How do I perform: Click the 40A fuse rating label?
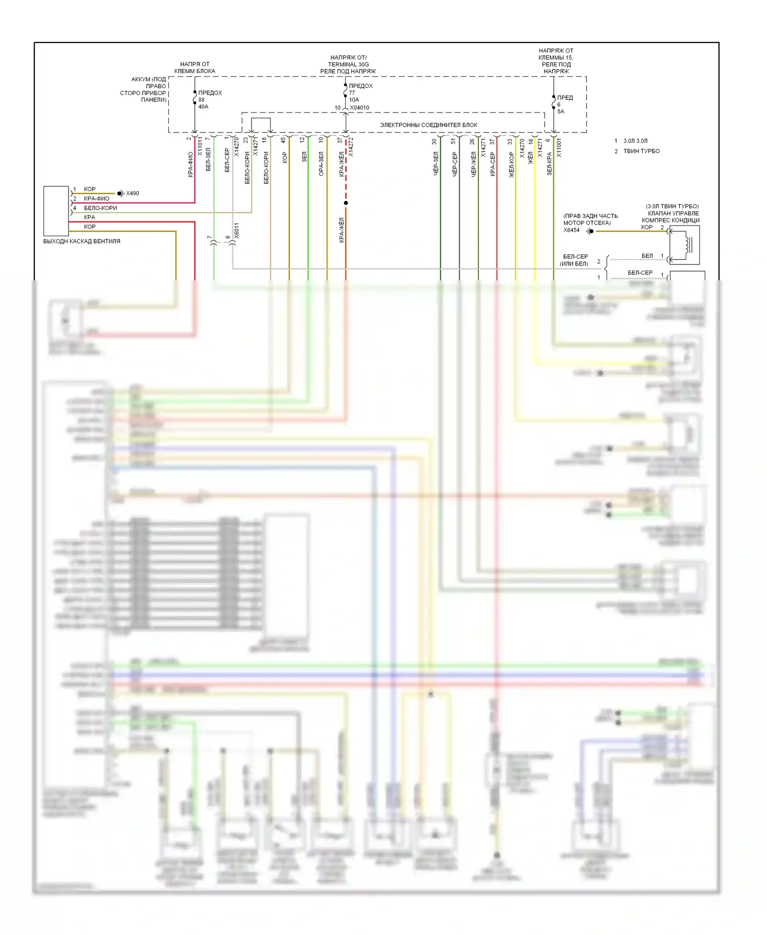tap(203, 106)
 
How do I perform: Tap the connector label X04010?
tap(359, 108)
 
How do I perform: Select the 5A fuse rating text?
tap(560, 112)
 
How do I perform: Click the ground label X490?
tap(132, 193)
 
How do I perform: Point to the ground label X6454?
tap(571, 230)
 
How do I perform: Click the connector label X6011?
tap(236, 231)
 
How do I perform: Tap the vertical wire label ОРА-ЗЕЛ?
tap(321, 164)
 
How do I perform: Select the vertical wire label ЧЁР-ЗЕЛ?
tap(436, 164)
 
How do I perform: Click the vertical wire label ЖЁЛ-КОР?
tap(511, 165)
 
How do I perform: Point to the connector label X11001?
tap(559, 147)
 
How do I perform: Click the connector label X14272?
tap(351, 147)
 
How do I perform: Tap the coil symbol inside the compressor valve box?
tap(688, 245)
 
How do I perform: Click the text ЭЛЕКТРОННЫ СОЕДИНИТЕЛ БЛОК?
tap(428, 125)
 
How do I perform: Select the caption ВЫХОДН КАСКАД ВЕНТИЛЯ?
tap(82, 241)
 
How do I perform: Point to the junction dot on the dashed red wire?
tap(346, 203)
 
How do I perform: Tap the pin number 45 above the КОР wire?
tap(283, 140)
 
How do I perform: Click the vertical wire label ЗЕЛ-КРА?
tap(549, 164)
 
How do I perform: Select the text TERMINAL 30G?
tap(348, 64)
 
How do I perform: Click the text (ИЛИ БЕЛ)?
tap(574, 264)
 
